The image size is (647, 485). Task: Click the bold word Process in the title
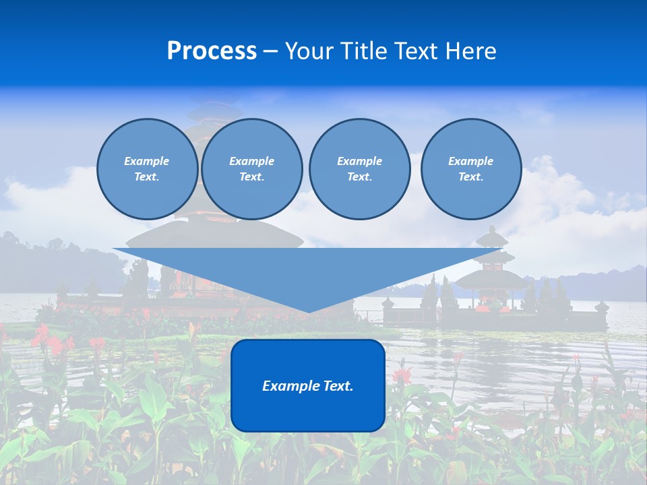212,51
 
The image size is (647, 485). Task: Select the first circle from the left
147,169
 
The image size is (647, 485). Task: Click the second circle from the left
252,169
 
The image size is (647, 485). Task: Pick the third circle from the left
359,169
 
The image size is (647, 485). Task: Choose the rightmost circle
471,169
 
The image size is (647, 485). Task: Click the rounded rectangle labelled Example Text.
308,385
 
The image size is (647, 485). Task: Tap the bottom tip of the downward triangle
308,311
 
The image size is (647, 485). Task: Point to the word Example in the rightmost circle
470,161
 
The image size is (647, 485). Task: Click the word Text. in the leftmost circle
147,177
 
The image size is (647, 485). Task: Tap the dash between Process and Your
271,52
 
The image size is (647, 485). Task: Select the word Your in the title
307,51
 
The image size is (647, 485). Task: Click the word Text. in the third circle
359,177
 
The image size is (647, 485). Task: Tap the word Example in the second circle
251,161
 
